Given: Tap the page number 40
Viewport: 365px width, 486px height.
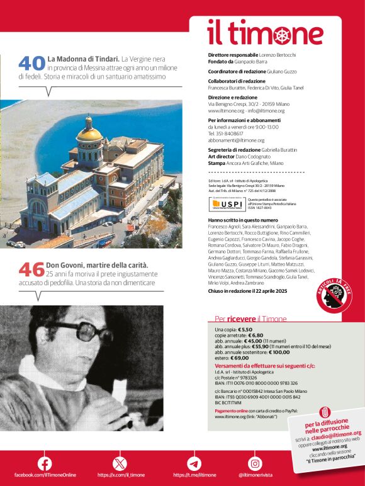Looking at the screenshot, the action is pos(31,63).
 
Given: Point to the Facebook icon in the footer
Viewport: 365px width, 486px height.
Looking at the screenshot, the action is pos(45,464).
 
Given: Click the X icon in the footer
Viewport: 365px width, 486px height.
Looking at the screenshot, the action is pos(120,464).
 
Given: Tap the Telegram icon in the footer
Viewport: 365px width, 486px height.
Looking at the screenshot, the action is pos(194,464).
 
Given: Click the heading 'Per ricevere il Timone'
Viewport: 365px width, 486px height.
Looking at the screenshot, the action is pos(250,319).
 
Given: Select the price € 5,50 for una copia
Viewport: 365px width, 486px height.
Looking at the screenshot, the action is pos(245,329).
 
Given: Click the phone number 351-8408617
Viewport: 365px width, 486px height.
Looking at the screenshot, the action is pos(234,133).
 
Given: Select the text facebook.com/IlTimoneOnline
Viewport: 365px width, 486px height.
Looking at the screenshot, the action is pos(45,475).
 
